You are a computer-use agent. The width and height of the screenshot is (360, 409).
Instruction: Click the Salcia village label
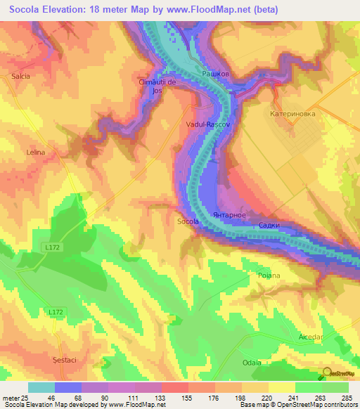20,76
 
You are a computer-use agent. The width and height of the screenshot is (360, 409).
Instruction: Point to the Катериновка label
292,112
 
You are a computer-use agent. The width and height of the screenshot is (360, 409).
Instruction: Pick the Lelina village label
35,152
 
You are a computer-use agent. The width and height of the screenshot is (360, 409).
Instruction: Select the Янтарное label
228,214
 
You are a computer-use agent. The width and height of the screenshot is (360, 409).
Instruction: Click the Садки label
269,226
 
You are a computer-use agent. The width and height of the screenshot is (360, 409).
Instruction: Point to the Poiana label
269,275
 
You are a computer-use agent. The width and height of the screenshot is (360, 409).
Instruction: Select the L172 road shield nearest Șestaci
57,312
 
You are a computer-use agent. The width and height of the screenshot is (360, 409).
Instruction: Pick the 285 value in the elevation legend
347,398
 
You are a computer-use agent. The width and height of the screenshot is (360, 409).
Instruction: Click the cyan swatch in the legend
41,387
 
